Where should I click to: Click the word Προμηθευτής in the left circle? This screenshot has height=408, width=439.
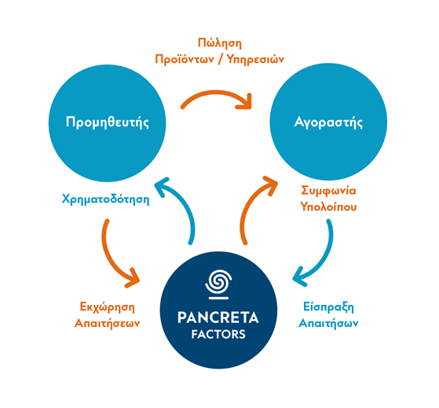(108, 122)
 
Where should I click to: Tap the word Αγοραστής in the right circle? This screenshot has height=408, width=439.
(328, 122)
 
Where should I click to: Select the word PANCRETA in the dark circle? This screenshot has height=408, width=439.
(218, 318)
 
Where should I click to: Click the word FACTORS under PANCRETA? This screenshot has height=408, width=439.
(218, 334)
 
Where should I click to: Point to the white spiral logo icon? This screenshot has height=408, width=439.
(218, 284)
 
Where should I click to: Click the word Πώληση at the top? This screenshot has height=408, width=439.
(220, 43)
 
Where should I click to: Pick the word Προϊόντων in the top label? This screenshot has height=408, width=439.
(185, 60)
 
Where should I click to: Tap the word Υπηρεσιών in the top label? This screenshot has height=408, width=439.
(255, 60)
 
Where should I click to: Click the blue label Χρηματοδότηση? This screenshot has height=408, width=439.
(105, 199)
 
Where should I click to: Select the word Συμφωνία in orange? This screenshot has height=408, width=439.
(328, 190)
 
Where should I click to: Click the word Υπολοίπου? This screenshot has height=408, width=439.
(328, 207)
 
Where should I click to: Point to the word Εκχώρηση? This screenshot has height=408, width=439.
(108, 307)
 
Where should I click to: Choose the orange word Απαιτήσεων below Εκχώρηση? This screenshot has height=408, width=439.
(108, 323)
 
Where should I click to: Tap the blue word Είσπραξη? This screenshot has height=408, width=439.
(328, 307)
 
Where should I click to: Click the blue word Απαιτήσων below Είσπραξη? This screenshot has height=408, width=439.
(328, 323)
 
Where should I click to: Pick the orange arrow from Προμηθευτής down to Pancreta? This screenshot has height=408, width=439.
(110, 256)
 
